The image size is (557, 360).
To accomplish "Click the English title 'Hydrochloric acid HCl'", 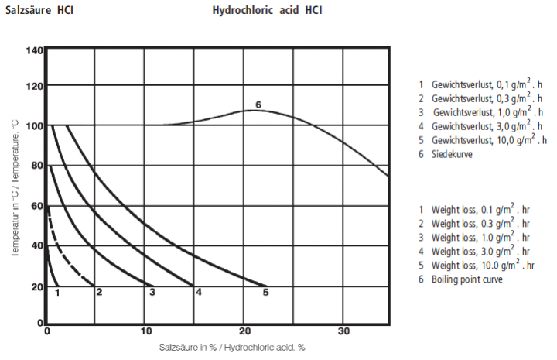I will (267, 12).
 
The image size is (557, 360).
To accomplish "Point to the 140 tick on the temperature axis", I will (35, 51).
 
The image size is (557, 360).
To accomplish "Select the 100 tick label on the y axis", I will (35, 125).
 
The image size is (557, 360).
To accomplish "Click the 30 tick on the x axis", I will (344, 331).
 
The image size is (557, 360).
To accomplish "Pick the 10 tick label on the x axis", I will (145, 331).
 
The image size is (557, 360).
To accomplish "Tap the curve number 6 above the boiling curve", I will (258, 105).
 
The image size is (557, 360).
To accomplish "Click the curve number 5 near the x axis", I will (265, 292).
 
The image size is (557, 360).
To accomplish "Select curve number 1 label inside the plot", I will (57, 292).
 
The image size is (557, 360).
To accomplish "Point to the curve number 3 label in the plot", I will (152, 292).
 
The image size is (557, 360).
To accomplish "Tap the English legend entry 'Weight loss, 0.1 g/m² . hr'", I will (477, 209).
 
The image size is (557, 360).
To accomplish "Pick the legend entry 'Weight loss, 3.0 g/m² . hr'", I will (477, 251).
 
